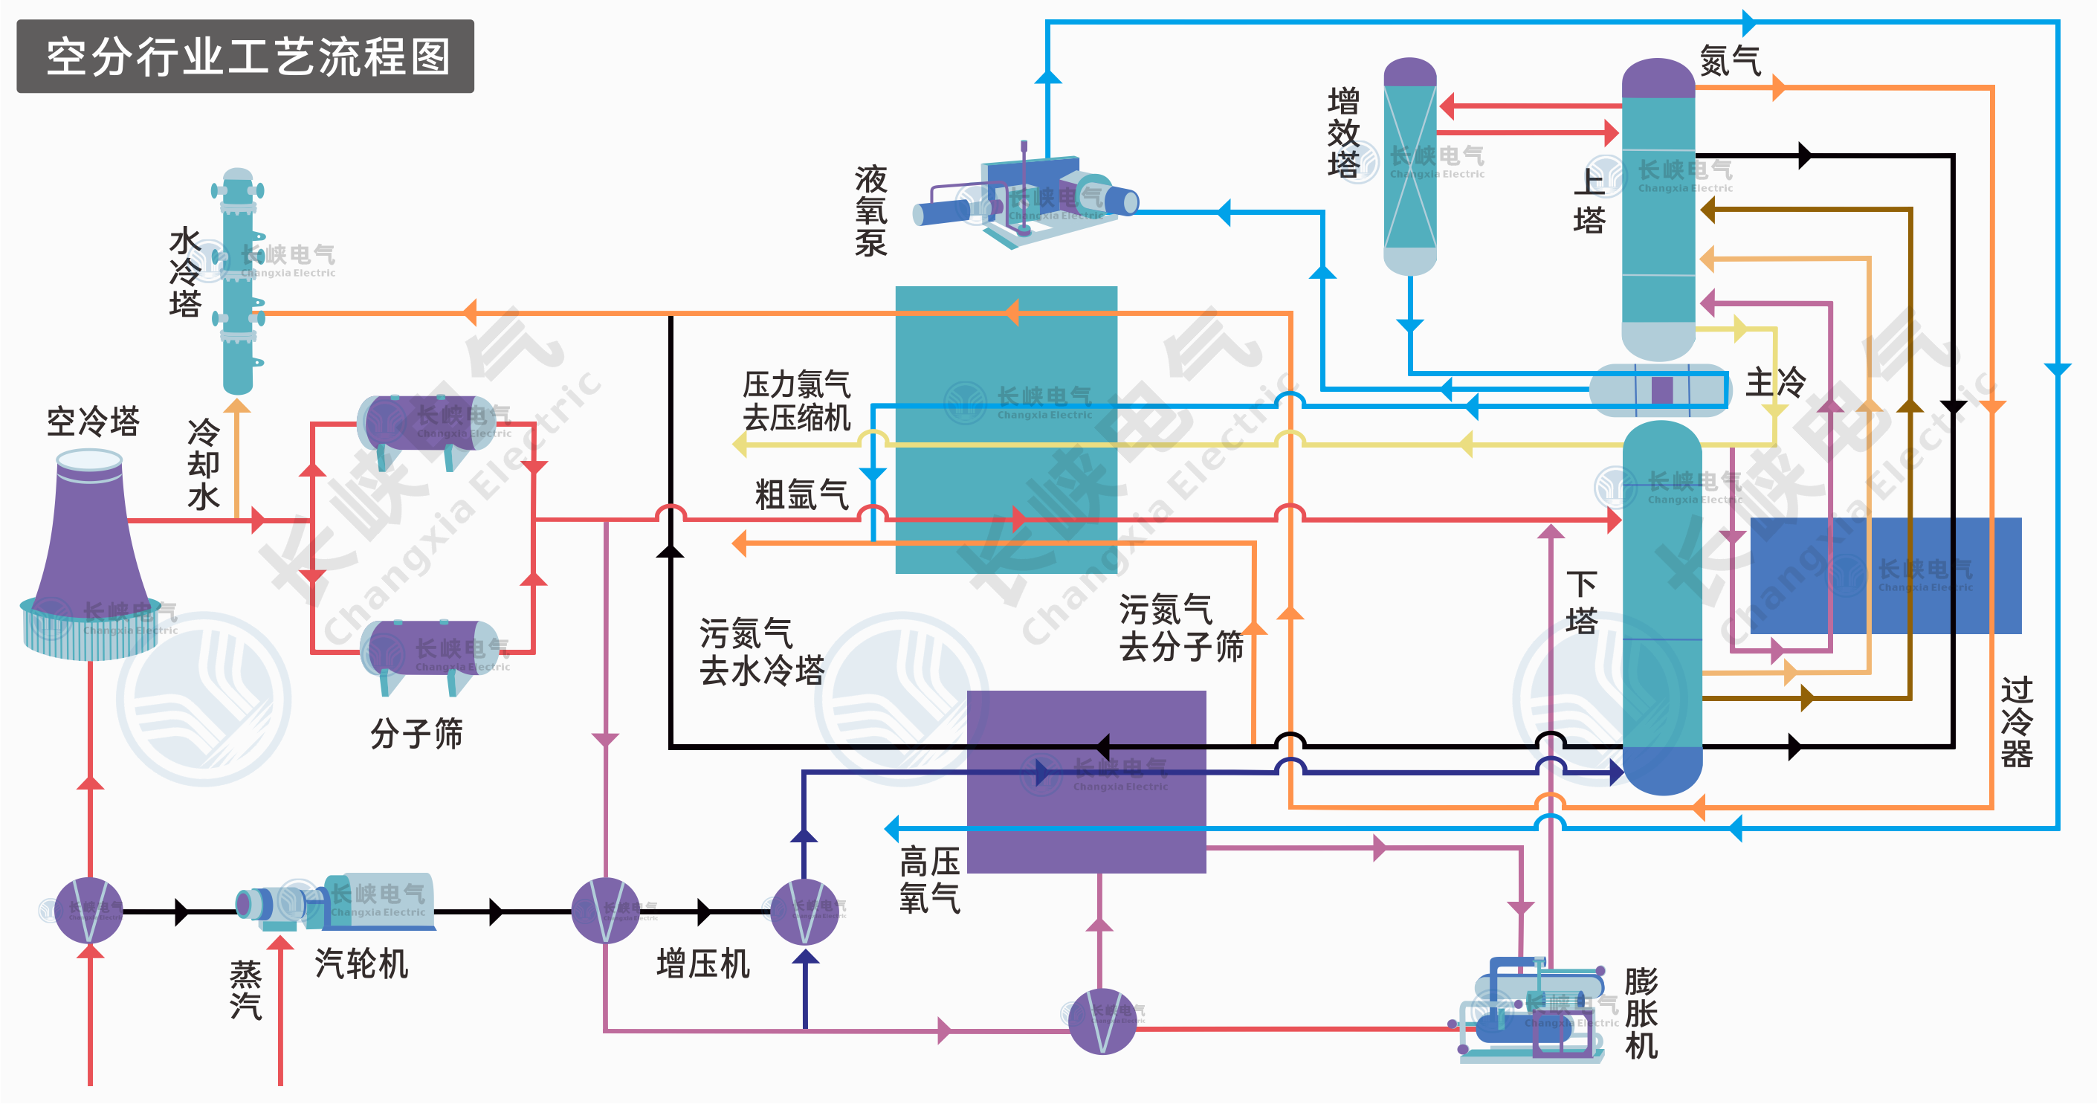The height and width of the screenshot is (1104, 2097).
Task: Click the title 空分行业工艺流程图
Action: pyautogui.click(x=246, y=57)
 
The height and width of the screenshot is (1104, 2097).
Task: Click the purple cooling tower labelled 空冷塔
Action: pyautogui.click(x=89, y=554)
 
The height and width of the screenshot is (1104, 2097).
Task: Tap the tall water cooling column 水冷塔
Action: pyautogui.click(x=238, y=281)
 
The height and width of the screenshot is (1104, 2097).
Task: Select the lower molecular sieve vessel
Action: pyautogui.click(x=430, y=651)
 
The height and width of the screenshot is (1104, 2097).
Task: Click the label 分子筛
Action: pyautogui.click(x=416, y=733)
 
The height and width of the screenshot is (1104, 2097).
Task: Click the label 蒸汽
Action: pyautogui.click(x=245, y=990)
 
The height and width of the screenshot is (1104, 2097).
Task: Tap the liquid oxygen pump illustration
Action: pyautogui.click(x=1030, y=199)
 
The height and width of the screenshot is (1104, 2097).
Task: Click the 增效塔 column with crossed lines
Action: pyautogui.click(x=1410, y=167)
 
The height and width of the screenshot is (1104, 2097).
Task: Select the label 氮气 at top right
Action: pyautogui.click(x=1730, y=61)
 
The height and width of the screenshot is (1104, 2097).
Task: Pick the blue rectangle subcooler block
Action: pyautogui.click(x=1884, y=575)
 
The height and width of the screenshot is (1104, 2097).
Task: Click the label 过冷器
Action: pyautogui.click(x=2017, y=722)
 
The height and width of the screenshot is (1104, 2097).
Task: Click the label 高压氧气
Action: pyautogui.click(x=929, y=879)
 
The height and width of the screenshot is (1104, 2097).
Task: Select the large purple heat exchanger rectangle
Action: pyautogui.click(x=1086, y=781)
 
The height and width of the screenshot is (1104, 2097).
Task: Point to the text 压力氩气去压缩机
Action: pyautogui.click(x=796, y=401)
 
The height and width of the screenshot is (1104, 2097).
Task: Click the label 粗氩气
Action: pyautogui.click(x=801, y=494)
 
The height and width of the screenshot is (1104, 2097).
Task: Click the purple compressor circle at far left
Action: pyautogui.click(x=89, y=910)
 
